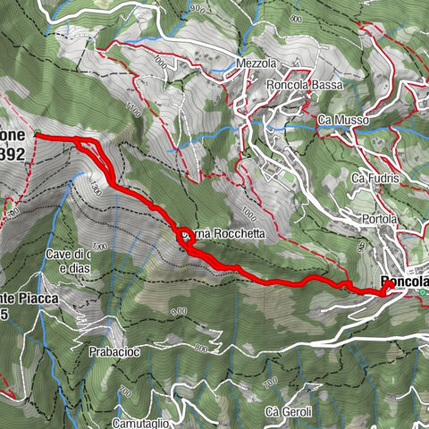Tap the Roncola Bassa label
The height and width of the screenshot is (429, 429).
[x=300, y=85]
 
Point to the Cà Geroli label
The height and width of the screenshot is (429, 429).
[x=288, y=412]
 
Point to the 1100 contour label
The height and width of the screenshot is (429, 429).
[x=134, y=113]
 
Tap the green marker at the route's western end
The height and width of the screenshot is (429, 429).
[x=38, y=135]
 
